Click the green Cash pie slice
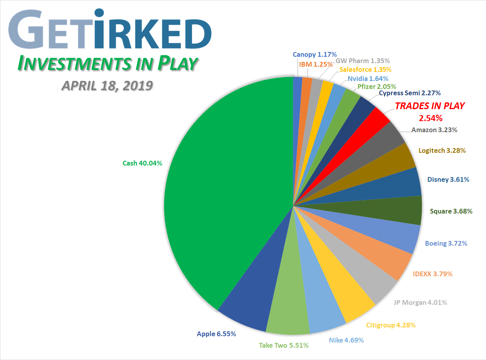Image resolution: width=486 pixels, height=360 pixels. pos(222,191)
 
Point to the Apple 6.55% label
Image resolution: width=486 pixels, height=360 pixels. pos(216,334)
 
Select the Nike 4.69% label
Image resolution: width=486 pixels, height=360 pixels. pos(346,340)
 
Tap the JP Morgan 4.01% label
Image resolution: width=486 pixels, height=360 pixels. pos(420,302)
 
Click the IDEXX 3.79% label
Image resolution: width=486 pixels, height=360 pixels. pos(432,273)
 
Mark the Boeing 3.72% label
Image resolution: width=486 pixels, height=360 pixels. pos(446,243)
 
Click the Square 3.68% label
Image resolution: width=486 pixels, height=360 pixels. pos(451,211)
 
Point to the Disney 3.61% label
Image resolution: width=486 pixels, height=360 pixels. pos(448,179)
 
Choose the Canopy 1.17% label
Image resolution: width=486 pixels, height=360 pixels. pos(315,54)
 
